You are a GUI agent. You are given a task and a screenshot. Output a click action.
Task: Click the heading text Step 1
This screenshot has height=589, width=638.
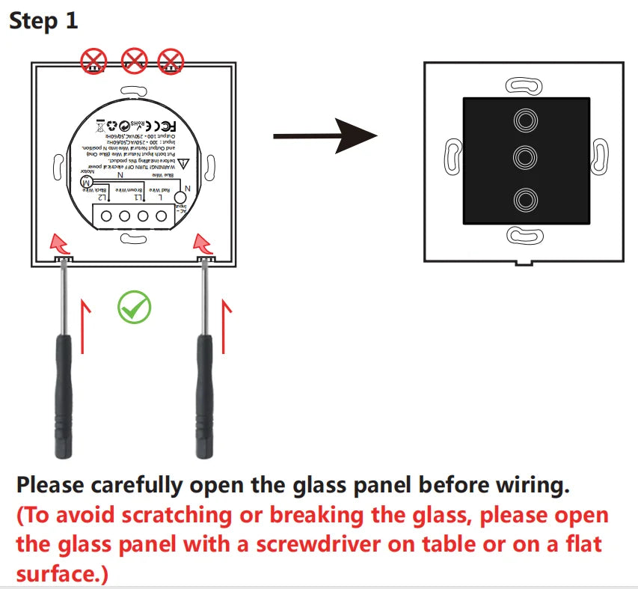(43, 20)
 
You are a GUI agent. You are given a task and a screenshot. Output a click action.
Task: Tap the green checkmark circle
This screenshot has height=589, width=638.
(134, 307)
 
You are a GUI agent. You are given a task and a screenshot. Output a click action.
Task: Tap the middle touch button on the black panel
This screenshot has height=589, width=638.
(526, 157)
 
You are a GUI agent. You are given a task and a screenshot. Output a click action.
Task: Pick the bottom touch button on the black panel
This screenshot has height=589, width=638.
(526, 199)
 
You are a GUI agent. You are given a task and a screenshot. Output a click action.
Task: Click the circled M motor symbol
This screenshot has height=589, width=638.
(87, 183)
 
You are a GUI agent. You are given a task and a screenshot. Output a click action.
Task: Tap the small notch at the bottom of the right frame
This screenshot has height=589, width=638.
(526, 263)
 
